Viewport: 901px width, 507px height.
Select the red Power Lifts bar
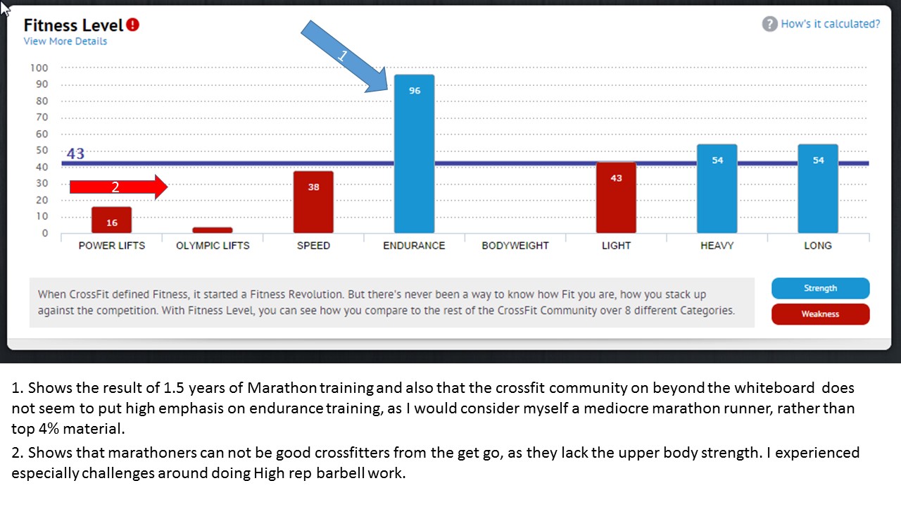click(x=111, y=220)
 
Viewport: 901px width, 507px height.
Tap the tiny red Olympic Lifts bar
click(x=212, y=230)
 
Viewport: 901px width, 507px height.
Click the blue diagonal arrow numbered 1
click(x=344, y=56)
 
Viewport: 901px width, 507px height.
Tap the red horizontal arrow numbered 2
click(x=118, y=187)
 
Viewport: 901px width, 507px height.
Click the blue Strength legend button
click(x=820, y=288)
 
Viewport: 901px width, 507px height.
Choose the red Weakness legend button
click(x=820, y=314)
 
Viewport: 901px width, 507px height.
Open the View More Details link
click(x=65, y=42)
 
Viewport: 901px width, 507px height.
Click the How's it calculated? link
click(x=830, y=24)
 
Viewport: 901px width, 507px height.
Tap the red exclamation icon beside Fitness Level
click(x=133, y=25)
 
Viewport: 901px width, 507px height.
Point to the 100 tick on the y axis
click(x=39, y=68)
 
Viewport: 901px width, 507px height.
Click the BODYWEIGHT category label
click(x=515, y=246)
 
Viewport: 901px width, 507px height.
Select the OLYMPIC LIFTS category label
click(x=213, y=246)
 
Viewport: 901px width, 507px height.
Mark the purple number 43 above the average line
click(x=75, y=154)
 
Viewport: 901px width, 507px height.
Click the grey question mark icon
click(x=769, y=24)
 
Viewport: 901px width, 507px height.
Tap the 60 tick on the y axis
click(x=42, y=134)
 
